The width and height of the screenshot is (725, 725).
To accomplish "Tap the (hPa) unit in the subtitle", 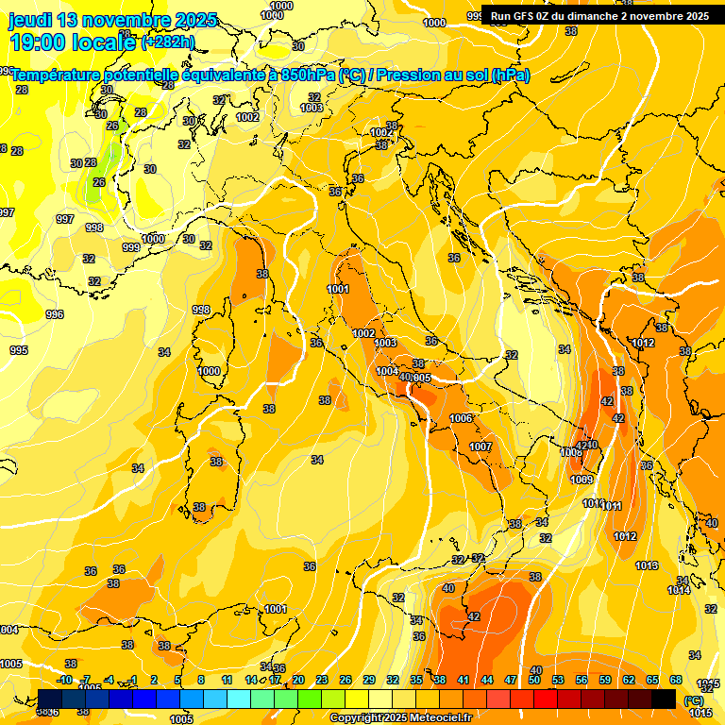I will [511, 75].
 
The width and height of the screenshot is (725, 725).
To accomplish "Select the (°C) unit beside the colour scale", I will [692, 700].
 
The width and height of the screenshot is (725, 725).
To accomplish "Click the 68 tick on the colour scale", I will [676, 680].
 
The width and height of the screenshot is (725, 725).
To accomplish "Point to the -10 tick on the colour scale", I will [64, 680].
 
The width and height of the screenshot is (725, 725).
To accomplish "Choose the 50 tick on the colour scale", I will [534, 680].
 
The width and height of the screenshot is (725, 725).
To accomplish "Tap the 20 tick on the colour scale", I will [298, 680].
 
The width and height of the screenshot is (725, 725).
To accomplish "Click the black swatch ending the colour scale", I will [664, 699].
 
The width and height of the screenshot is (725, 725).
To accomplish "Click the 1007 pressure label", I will [481, 447].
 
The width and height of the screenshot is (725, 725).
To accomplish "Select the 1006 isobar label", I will [461, 418].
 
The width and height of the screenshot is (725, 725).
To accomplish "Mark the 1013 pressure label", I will [647, 565].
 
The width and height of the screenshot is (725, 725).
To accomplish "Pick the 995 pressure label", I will [19, 350].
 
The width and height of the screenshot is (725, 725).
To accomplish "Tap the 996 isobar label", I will [55, 314].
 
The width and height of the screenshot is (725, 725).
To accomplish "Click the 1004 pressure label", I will [387, 371].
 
